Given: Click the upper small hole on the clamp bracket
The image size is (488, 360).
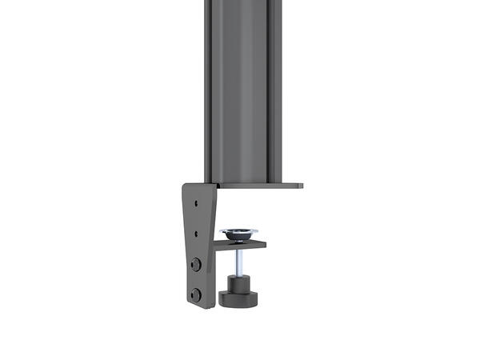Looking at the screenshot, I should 196,202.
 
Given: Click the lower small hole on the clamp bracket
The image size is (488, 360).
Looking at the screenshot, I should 196,234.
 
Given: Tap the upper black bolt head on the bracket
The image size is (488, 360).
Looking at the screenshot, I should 196,264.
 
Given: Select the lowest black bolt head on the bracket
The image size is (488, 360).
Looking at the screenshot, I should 196,294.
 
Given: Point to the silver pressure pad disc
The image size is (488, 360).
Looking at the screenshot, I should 239,234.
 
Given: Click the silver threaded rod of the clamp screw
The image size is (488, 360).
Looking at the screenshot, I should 239,261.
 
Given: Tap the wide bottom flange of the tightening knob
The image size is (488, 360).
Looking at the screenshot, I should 239,300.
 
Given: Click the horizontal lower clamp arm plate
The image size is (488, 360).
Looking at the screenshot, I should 244,243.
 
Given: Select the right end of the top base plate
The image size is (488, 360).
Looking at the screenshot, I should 299,186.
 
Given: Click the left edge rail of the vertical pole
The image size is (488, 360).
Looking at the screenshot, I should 208,88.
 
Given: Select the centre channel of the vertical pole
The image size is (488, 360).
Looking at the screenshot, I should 242,88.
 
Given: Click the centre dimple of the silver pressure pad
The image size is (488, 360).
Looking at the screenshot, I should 239,233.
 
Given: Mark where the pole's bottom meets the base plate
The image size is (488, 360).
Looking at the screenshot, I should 242,182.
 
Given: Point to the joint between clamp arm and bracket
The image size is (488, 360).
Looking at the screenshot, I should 218,243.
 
